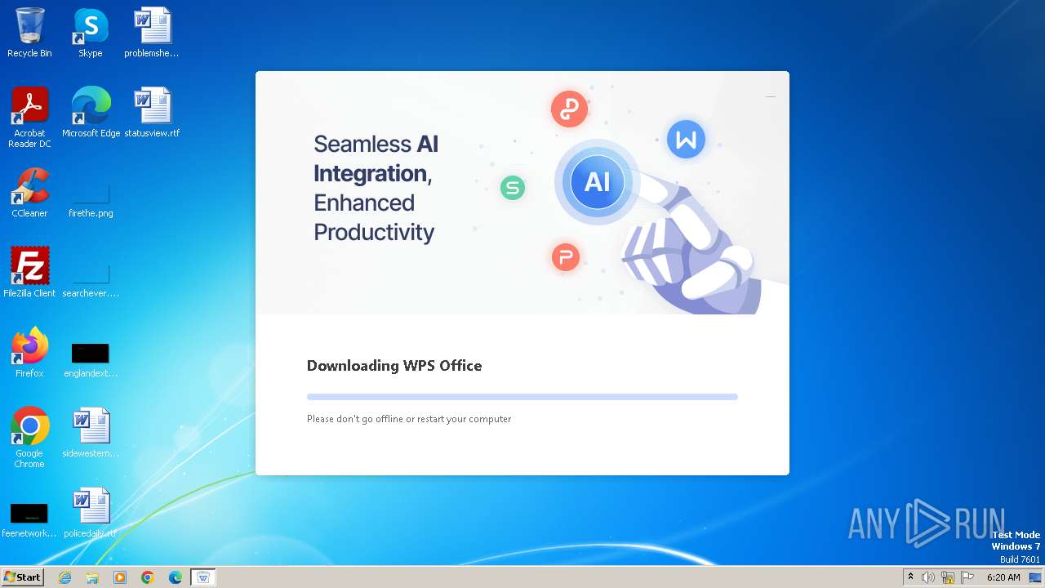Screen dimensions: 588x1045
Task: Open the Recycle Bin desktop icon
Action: [x=29, y=26]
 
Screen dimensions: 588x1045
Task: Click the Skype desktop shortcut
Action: [x=90, y=26]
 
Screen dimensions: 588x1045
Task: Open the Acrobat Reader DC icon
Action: [x=29, y=106]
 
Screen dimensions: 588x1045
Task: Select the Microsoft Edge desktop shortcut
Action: [x=91, y=106]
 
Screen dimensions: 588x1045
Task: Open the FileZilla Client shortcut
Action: [x=29, y=266]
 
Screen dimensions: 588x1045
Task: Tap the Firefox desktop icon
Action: [x=29, y=346]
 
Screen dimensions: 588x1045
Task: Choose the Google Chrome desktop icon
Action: [x=29, y=426]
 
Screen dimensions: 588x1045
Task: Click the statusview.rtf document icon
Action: [x=152, y=106]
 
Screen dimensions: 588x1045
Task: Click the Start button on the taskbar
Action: [x=22, y=577]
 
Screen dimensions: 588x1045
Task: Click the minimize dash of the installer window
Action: [x=771, y=96]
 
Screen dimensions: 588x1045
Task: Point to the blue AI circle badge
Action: [x=597, y=182]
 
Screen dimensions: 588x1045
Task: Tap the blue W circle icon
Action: [x=686, y=140]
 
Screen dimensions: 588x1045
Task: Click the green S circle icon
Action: [x=513, y=188]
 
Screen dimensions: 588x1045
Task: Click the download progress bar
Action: [x=522, y=397]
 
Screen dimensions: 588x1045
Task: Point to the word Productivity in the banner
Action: [x=374, y=232]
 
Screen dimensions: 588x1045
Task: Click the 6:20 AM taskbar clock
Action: [x=1003, y=577]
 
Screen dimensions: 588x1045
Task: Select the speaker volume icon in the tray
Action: [x=928, y=577]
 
